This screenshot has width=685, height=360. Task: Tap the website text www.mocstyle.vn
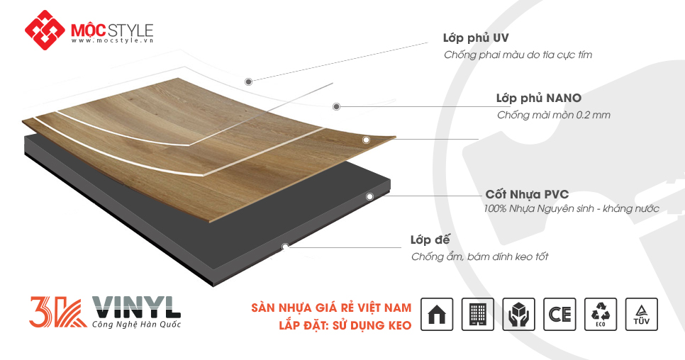(113, 41)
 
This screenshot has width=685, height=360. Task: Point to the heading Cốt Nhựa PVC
(527, 194)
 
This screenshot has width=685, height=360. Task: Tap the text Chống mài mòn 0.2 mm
(553, 115)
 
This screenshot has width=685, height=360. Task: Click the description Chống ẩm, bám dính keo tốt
(479, 257)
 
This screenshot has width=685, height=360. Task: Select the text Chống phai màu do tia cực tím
(518, 55)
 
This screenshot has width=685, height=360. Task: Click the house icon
(437, 314)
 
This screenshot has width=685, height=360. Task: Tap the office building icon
(478, 314)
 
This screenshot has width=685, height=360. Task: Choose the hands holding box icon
(519, 314)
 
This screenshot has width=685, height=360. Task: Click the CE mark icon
(559, 314)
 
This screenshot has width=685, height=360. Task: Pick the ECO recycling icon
(601, 314)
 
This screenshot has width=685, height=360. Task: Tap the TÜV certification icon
(642, 314)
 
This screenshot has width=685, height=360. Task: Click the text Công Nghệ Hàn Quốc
(136, 325)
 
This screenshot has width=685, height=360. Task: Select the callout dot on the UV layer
(248, 81)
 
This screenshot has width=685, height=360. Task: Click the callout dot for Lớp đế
(285, 247)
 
